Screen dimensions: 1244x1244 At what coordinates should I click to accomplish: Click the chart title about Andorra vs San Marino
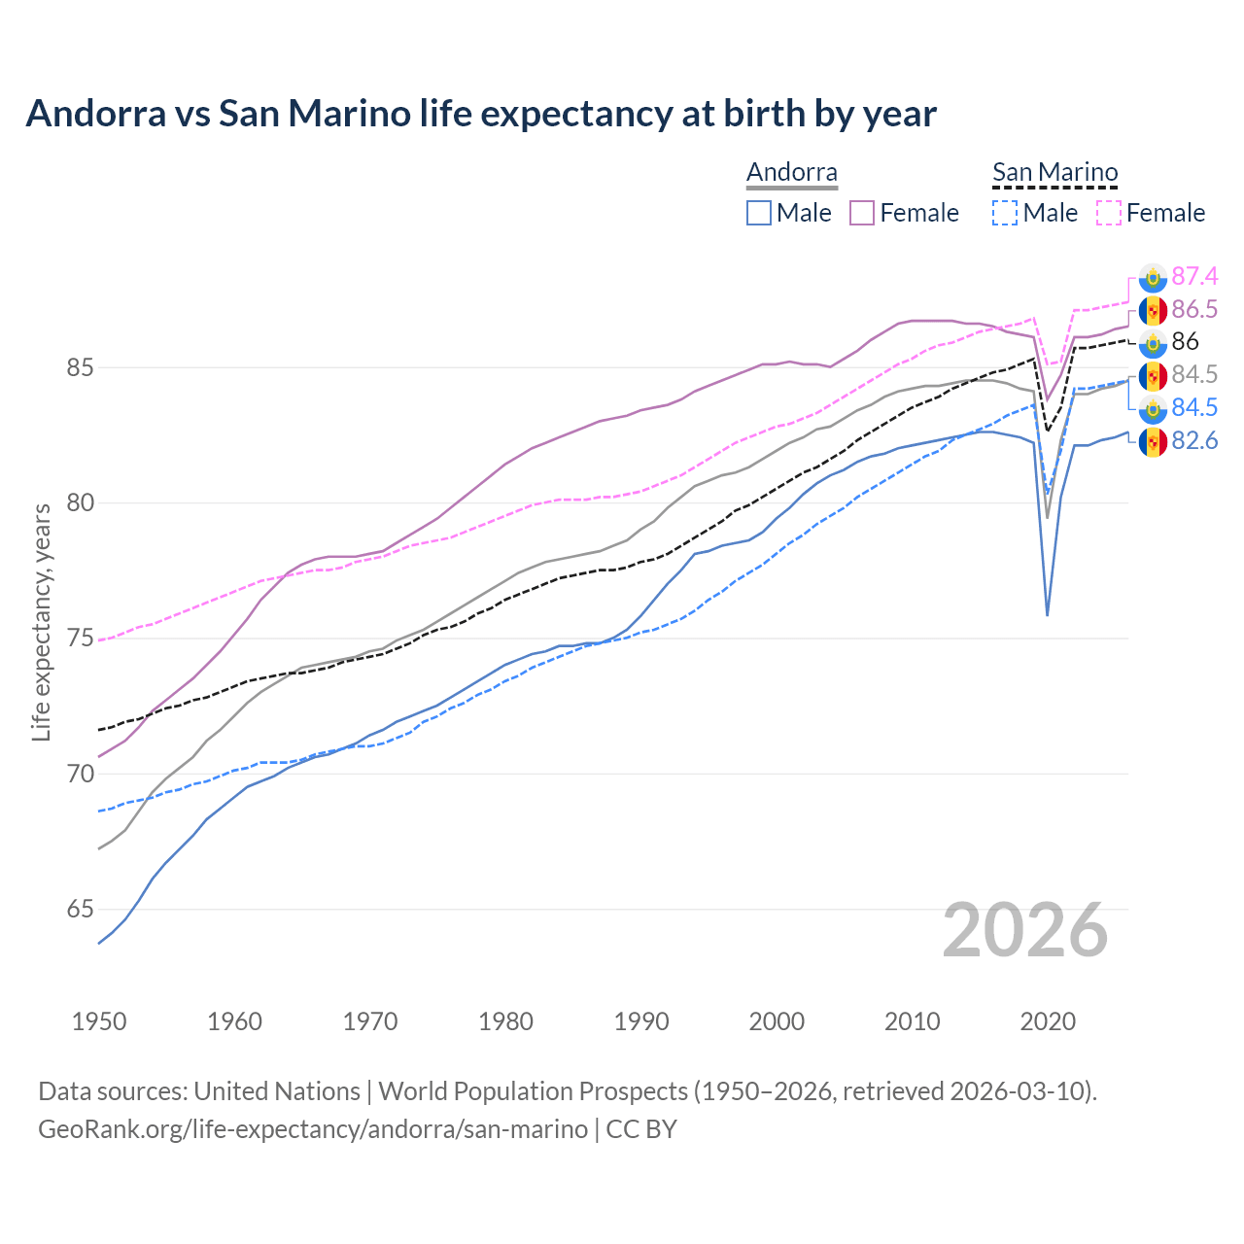(481, 114)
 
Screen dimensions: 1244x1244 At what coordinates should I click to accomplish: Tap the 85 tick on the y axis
(80, 368)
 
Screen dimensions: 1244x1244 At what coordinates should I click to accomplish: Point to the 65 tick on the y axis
(80, 910)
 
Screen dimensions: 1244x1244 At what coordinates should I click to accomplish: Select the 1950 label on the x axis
(99, 1021)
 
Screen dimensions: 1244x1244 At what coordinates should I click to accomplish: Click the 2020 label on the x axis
(1048, 1021)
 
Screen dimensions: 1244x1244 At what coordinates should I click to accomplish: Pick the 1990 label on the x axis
(641, 1021)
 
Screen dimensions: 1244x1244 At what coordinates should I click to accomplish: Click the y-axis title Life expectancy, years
(41, 622)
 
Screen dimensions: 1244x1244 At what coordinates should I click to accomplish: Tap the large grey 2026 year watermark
(1024, 930)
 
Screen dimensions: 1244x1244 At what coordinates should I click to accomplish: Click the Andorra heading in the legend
(792, 173)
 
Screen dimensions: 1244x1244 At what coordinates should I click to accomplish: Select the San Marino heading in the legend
(1054, 173)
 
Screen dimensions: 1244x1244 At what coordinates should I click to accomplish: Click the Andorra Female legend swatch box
(862, 213)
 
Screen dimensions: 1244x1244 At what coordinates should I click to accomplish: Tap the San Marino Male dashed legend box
(1005, 213)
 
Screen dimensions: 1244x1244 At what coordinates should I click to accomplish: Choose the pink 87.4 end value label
(1194, 277)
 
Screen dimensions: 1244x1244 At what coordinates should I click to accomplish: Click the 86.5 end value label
(1194, 310)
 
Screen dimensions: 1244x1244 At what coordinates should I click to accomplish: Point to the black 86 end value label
(1186, 342)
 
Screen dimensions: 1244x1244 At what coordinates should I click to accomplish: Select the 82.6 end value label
(1194, 441)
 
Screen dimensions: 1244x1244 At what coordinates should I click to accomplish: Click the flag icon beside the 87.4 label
(1153, 278)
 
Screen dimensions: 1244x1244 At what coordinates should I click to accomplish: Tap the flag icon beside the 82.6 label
(1153, 442)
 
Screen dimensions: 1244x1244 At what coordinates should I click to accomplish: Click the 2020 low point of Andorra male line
(1047, 614)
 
